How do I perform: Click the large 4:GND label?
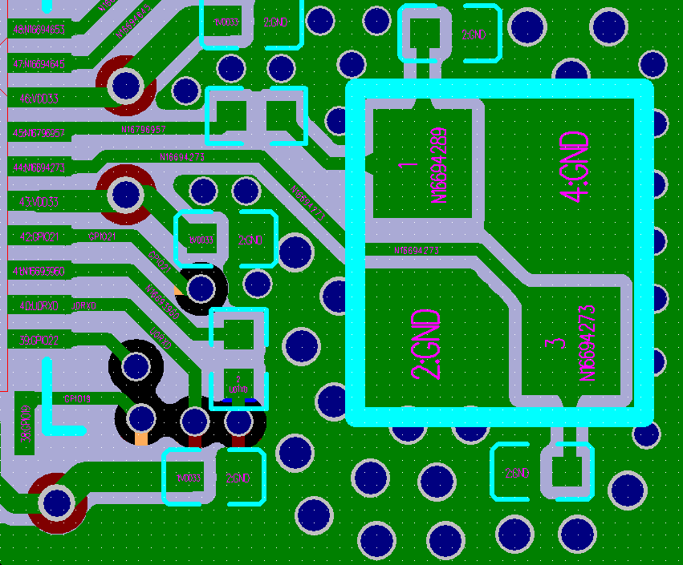[575, 168]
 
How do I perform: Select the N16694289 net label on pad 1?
[439, 166]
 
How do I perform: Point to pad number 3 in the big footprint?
[551, 345]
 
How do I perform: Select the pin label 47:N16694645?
[37, 64]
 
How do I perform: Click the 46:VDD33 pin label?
[37, 99]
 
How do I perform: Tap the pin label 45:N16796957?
[37, 133]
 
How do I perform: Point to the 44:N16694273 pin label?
[37, 167]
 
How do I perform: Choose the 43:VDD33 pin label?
[37, 202]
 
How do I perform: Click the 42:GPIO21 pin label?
[37, 237]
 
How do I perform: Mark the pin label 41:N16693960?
[37, 272]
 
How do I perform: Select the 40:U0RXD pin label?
[37, 306]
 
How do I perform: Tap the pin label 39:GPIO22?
[37, 341]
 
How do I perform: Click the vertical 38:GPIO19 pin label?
[26, 423]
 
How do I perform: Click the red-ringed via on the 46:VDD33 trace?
[125, 83]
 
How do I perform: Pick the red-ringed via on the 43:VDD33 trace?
[125, 194]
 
